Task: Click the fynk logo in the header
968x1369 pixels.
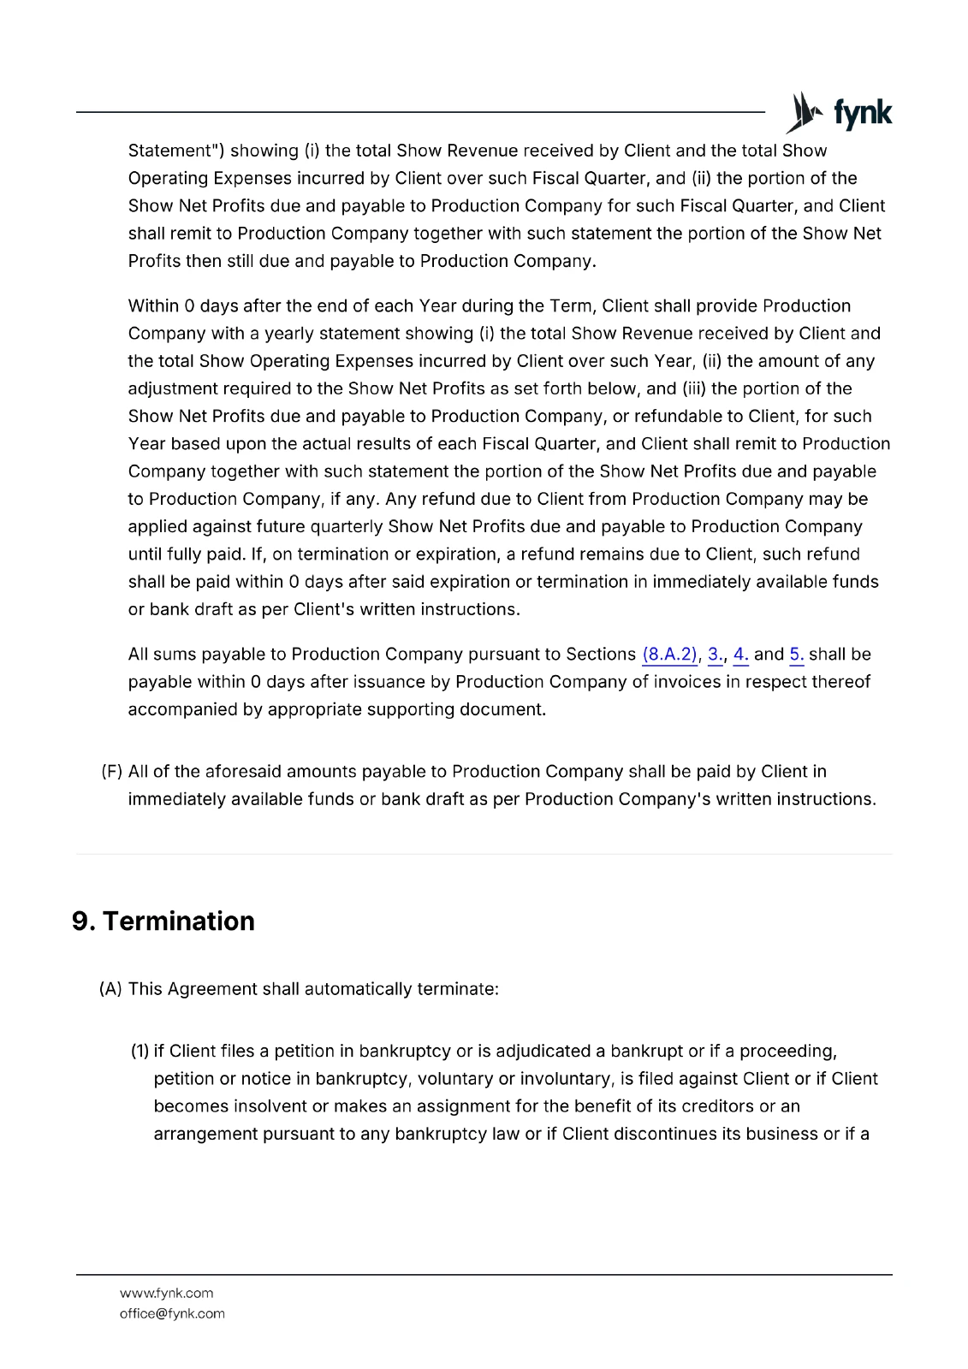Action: coord(839,113)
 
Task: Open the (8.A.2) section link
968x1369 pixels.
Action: coord(669,655)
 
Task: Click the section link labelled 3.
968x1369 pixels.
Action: coord(714,655)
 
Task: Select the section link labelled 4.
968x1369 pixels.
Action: coord(740,655)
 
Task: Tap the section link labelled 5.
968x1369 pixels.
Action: coord(796,655)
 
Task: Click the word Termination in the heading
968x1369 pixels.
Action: coord(178,922)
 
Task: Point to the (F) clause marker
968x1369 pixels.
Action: coord(112,772)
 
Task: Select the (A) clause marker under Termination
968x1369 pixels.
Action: coord(110,989)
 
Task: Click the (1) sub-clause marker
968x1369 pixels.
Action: coord(140,1052)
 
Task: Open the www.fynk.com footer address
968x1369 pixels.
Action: coord(166,1293)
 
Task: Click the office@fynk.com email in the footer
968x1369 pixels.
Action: coord(172,1313)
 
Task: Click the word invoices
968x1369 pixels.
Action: coord(688,682)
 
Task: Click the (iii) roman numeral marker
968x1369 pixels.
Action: coord(694,389)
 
